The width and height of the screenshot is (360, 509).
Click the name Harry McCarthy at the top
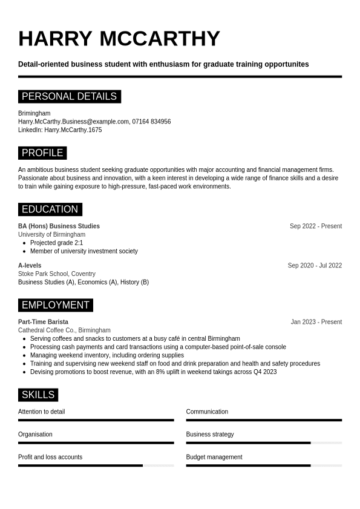click(x=119, y=39)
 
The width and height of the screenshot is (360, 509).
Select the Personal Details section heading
click(x=69, y=96)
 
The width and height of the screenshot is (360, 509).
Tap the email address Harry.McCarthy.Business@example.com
click(x=73, y=122)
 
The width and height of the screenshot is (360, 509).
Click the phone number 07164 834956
click(x=151, y=122)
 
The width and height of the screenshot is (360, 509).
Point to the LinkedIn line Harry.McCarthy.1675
click(x=60, y=130)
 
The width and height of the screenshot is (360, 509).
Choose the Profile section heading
click(x=42, y=153)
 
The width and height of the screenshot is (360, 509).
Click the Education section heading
click(x=50, y=209)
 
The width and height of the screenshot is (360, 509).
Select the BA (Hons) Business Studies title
click(x=59, y=226)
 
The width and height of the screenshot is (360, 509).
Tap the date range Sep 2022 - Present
click(x=315, y=226)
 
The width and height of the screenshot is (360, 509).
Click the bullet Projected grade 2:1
click(x=56, y=243)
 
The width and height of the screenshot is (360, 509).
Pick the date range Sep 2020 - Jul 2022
click(x=315, y=266)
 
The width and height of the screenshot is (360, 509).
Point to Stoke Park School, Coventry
click(x=56, y=274)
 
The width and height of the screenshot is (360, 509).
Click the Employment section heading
click(x=55, y=305)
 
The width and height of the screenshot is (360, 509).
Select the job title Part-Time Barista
click(x=43, y=322)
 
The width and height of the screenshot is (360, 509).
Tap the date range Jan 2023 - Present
click(x=316, y=322)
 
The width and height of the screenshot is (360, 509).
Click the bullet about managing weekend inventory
click(x=106, y=355)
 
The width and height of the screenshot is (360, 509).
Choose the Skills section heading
click(x=38, y=395)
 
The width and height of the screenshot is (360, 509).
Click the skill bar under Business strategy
click(x=264, y=443)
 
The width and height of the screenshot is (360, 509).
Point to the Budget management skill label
click(x=214, y=457)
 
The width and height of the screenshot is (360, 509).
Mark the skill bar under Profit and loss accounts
click(x=96, y=465)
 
